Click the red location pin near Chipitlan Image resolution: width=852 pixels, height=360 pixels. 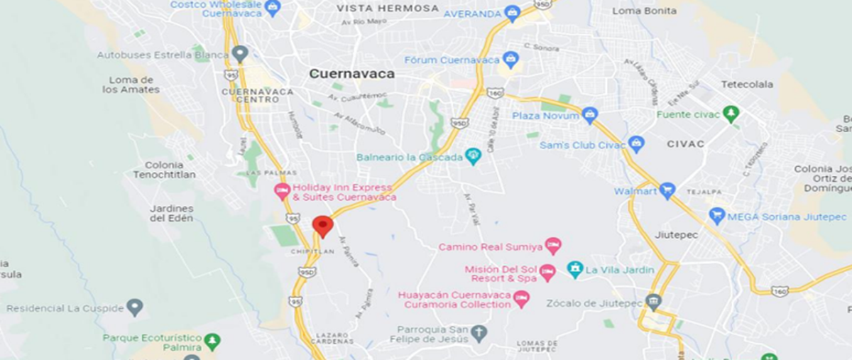coord(323,225)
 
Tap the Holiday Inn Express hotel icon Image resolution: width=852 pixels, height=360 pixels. coord(282,191)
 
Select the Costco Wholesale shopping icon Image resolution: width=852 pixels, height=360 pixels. coord(273,8)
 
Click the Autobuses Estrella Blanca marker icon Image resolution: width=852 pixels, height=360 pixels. coord(240,54)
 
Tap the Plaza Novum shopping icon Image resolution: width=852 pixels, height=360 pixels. coord(589,115)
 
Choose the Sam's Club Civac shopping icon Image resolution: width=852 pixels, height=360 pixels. coord(636,145)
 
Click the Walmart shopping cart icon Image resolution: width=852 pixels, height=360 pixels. coord(667,190)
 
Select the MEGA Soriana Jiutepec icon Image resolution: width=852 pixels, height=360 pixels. coord(717,216)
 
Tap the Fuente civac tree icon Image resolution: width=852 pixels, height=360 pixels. coord(731,114)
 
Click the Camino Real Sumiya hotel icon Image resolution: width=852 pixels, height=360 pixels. coord(553,246)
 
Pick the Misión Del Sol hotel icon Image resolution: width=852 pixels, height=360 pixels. coord(547,273)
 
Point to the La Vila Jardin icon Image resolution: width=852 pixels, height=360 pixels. coord(575,270)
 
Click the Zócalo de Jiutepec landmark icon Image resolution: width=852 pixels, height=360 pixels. coord(653,302)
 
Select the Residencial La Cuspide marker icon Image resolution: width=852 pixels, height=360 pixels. coord(134,307)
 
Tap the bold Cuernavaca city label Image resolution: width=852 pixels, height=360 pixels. coord(351,74)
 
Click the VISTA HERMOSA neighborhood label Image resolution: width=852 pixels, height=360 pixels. coord(388,9)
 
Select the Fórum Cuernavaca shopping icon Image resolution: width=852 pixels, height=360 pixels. coord(509,60)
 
